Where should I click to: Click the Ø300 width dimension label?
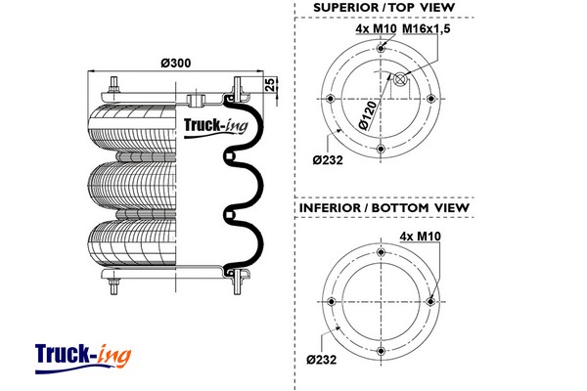pyautogui.click(x=176, y=64)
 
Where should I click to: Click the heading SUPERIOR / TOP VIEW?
pyautogui.click(x=384, y=9)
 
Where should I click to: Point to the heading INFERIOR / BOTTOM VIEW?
pyautogui.click(x=384, y=208)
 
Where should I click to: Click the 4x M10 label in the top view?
pyautogui.click(x=375, y=29)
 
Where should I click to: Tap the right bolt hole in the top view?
pyautogui.click(x=430, y=99)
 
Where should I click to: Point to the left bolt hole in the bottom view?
pyautogui.click(x=333, y=300)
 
